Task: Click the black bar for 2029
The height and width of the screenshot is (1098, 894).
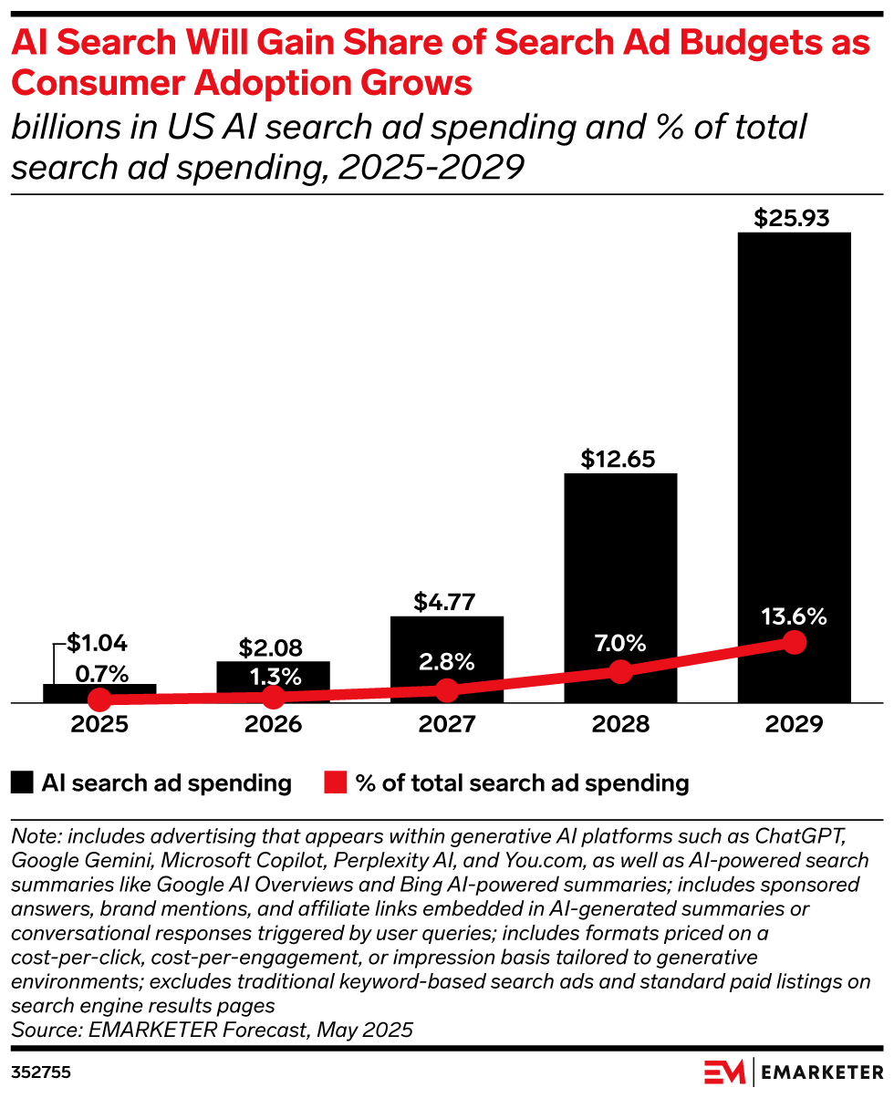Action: click(794, 438)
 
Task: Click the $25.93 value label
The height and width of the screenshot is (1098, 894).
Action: click(794, 219)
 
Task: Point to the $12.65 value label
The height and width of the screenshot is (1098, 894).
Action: click(620, 459)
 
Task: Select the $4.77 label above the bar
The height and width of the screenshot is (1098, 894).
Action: click(447, 602)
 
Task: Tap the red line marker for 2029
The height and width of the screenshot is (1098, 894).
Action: click(795, 642)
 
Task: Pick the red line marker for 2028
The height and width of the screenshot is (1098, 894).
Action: click(620, 672)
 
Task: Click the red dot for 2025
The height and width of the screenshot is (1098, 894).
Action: click(99, 700)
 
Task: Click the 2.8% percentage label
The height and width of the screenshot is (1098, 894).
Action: click(447, 663)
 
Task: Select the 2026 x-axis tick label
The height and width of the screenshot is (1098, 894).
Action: click(273, 725)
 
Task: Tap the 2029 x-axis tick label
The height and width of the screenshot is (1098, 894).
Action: click(794, 725)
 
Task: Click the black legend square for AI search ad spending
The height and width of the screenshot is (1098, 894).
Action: click(23, 782)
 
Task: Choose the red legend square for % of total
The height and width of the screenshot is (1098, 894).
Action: click(336, 782)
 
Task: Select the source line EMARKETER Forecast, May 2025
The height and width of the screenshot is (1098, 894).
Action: click(212, 1030)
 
